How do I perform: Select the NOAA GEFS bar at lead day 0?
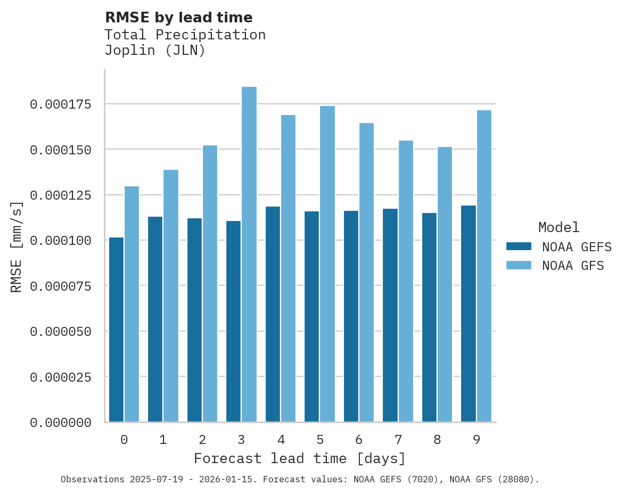pos(116,330)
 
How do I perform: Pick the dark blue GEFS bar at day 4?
pos(273,314)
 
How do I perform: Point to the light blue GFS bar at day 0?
pos(132,304)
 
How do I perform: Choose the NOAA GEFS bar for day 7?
pos(390,315)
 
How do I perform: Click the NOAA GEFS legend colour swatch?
pos(519,246)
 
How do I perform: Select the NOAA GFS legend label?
pos(573,266)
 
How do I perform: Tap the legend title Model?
pos(559,228)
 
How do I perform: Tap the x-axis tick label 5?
pos(320,440)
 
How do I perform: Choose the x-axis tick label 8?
pos(437,440)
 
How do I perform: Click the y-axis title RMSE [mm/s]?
pos(17,247)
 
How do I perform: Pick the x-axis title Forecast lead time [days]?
pos(300,458)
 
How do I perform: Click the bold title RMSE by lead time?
pos(178,18)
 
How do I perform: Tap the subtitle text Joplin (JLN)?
pos(154,51)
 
